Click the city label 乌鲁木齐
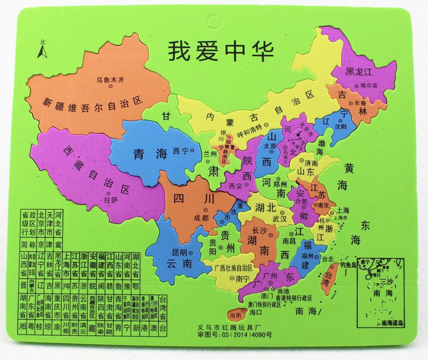point(110,80)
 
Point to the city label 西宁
point(180,151)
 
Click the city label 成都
point(200,217)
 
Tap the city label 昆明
point(179,252)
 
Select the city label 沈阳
point(340,126)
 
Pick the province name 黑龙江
point(360,72)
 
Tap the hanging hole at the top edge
point(211,23)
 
